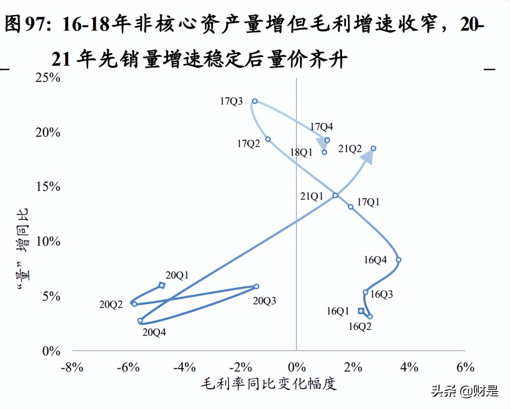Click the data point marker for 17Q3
click(x=255, y=101)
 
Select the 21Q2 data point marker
click(x=374, y=148)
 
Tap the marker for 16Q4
click(x=399, y=260)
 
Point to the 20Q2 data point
click(x=135, y=304)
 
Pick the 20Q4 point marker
click(x=140, y=321)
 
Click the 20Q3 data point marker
click(x=256, y=286)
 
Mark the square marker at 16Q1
click(x=361, y=311)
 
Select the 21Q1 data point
click(x=335, y=195)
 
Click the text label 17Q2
click(x=248, y=143)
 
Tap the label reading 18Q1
click(x=301, y=152)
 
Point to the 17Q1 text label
click(x=368, y=202)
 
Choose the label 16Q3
click(x=382, y=294)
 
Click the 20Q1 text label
click(x=177, y=275)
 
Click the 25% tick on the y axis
click(x=48, y=78)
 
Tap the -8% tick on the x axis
click(x=72, y=367)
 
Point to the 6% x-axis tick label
click(x=465, y=367)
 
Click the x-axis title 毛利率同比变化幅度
click(x=269, y=384)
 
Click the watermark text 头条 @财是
click(x=465, y=391)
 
